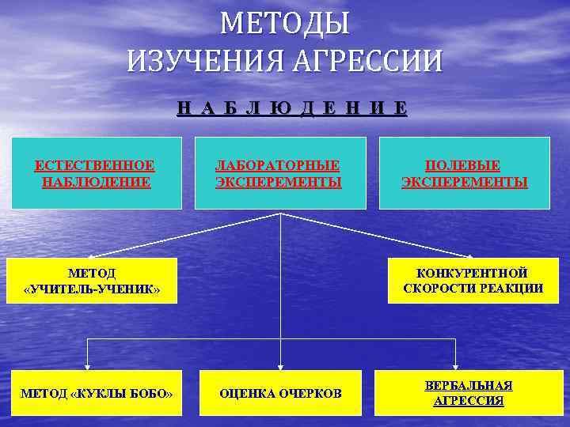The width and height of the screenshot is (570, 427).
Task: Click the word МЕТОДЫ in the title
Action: click(x=284, y=24)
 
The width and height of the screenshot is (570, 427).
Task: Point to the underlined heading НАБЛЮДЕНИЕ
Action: click(x=291, y=109)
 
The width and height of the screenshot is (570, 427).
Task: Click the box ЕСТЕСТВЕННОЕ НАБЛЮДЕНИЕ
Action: click(x=95, y=173)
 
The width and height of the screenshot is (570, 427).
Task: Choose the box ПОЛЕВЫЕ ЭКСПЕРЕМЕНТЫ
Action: click(x=465, y=173)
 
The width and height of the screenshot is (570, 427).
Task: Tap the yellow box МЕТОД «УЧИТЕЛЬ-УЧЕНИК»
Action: click(x=92, y=282)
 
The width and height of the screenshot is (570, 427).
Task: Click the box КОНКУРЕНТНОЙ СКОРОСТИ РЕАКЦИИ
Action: click(x=473, y=281)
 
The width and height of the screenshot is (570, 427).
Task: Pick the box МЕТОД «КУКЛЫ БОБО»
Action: click(x=96, y=393)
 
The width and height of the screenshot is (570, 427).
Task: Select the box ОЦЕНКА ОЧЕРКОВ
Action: click(x=280, y=393)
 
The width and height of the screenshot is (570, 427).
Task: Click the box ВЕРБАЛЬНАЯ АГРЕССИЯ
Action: click(x=468, y=393)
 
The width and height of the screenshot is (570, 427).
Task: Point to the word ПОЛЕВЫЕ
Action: click(x=462, y=165)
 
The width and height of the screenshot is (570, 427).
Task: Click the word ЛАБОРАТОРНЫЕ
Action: click(x=279, y=165)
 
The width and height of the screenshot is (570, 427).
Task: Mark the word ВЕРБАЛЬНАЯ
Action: click(x=468, y=385)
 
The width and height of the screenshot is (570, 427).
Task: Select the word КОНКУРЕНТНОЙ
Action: click(x=473, y=273)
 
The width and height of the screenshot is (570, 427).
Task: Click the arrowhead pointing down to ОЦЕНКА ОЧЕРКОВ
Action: click(x=280, y=366)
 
